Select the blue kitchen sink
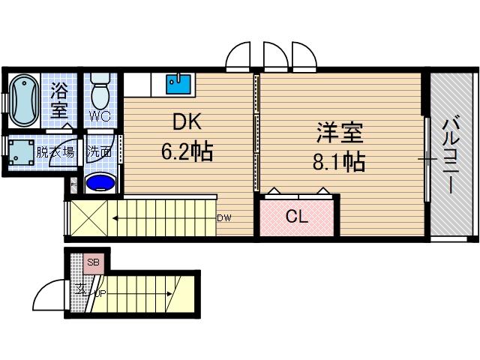[x=178, y=83]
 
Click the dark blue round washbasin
[x=100, y=183]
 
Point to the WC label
[x=100, y=116]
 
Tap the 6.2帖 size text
[x=187, y=153]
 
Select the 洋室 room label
[x=339, y=133]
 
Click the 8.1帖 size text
[x=339, y=161]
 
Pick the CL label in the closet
[x=297, y=217]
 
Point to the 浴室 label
[x=60, y=100]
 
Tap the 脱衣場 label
[x=58, y=151]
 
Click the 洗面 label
[x=100, y=151]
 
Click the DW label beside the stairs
[x=223, y=219]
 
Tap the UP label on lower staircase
[x=99, y=292]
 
